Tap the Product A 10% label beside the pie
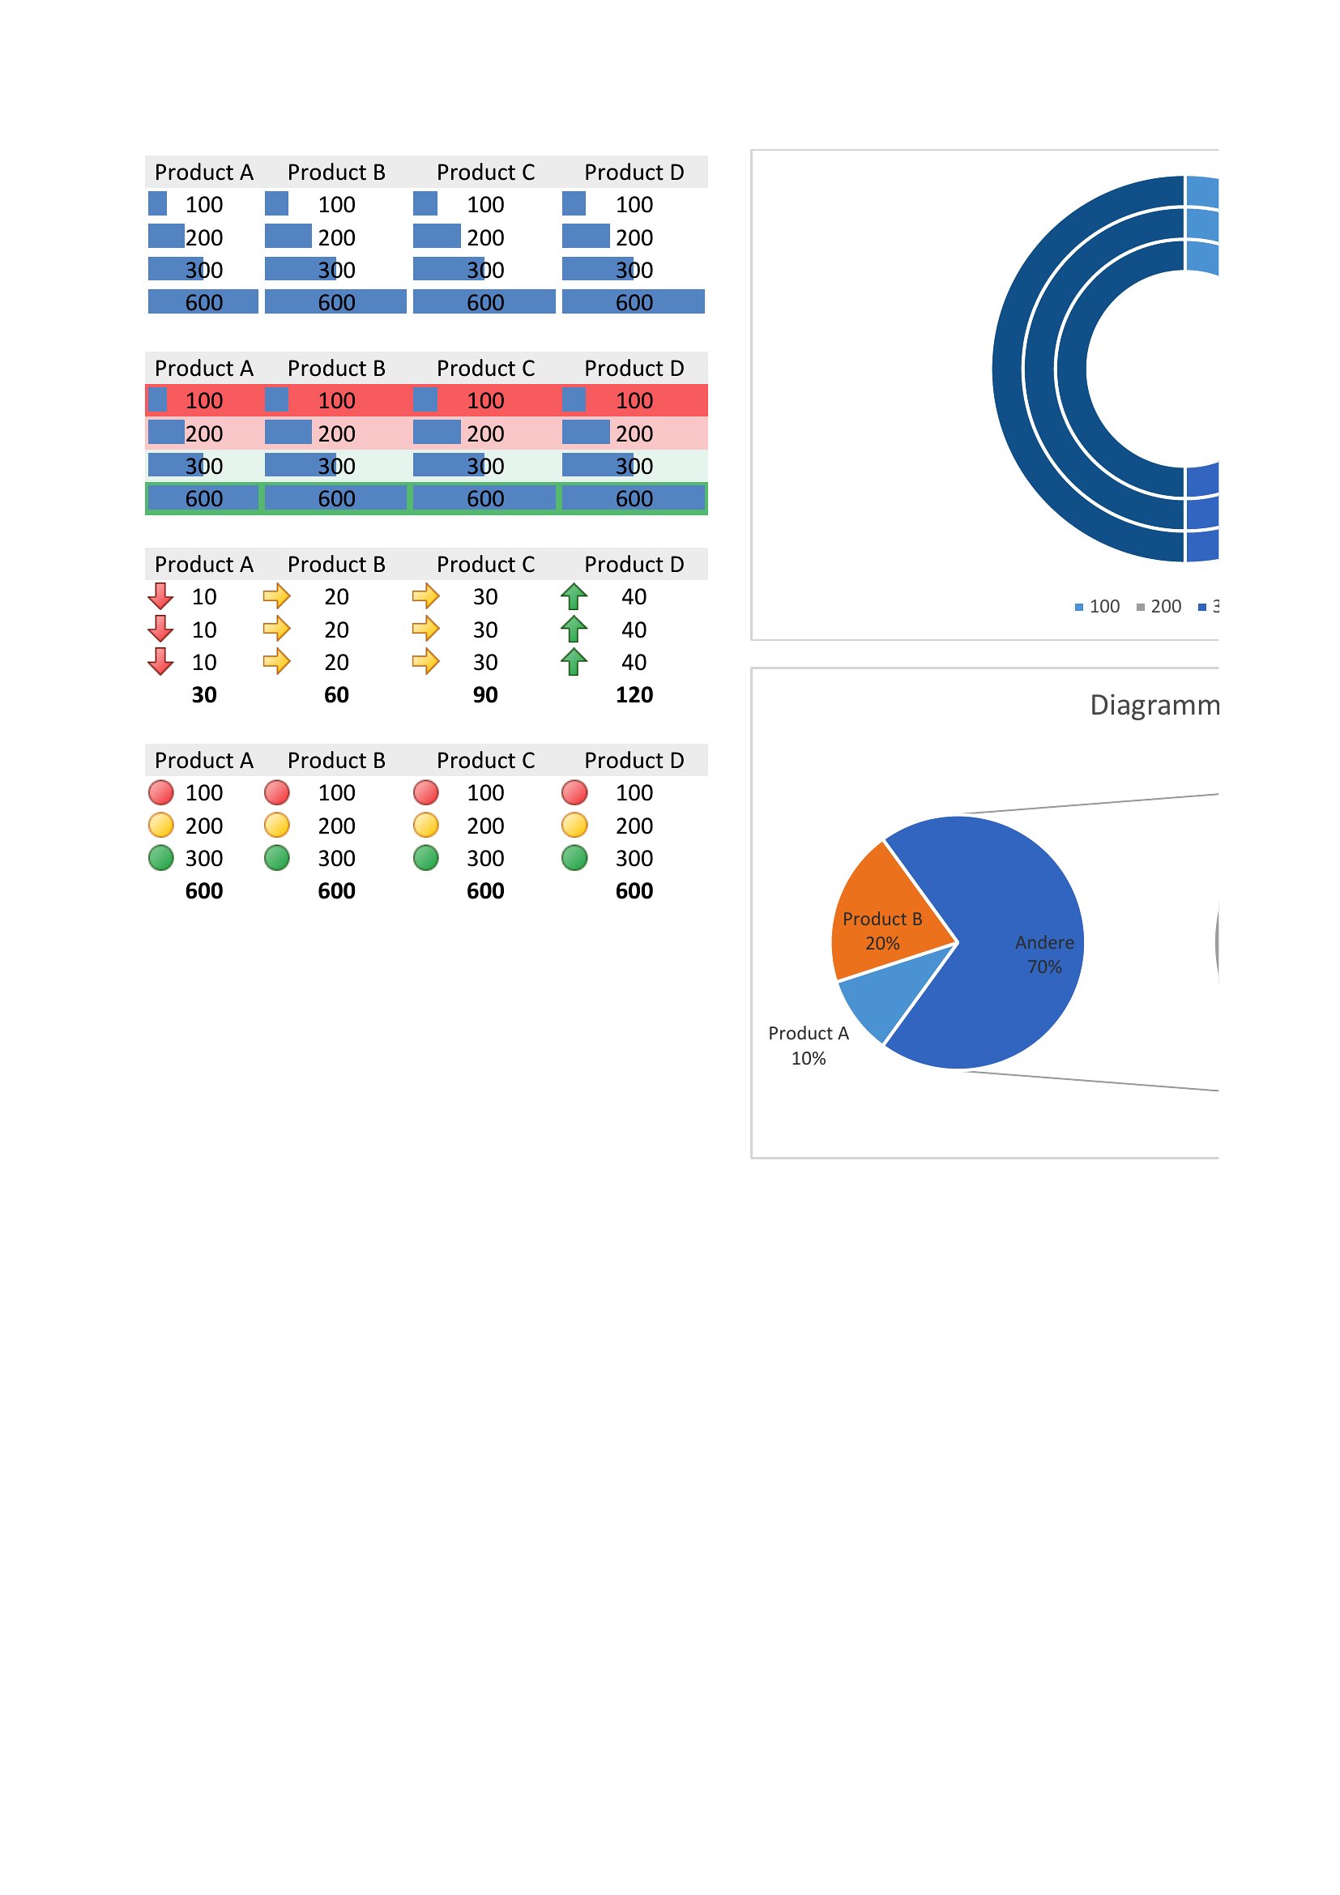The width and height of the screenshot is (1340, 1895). pyautogui.click(x=808, y=1045)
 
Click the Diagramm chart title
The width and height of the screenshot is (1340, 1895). pyautogui.click(x=1154, y=705)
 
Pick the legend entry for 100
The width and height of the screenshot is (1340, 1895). pyautogui.click(x=1098, y=607)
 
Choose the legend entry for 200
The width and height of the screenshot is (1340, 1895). pyautogui.click(x=1159, y=607)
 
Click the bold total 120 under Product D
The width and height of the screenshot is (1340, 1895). pyautogui.click(x=634, y=695)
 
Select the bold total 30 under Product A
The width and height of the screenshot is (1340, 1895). pyautogui.click(x=204, y=695)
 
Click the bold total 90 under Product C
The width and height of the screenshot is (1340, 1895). pyautogui.click(x=485, y=695)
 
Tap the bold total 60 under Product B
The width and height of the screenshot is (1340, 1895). pyautogui.click(x=336, y=695)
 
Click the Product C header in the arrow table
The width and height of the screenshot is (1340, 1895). pyautogui.click(x=485, y=565)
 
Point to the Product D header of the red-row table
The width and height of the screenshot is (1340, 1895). pyautogui.click(x=634, y=368)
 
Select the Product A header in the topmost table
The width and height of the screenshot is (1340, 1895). pyautogui.click(x=204, y=173)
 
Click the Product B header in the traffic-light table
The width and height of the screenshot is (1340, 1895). pyautogui.click(x=336, y=760)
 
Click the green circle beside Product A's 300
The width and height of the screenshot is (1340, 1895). pyautogui.click(x=161, y=857)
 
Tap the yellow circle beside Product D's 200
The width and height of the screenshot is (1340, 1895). pyautogui.click(x=574, y=826)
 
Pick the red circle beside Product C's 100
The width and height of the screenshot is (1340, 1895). pyautogui.click(x=426, y=792)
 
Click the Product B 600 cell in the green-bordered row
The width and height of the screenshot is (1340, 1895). pyautogui.click(x=336, y=498)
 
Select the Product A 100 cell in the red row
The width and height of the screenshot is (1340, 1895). pyautogui.click(x=204, y=401)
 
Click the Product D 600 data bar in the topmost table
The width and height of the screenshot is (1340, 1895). pyautogui.click(x=634, y=302)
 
